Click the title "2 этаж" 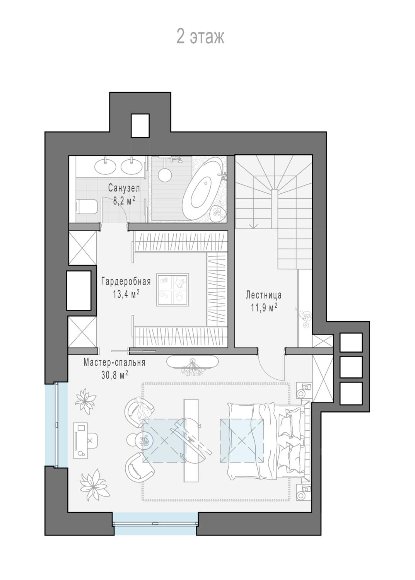pos(200,37)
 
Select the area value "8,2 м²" pos(124,201)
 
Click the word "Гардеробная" pos(126,281)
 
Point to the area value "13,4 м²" pos(126,294)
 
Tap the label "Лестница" pos(264,295)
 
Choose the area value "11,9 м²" pos(264,308)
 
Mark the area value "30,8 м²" pos(114,375)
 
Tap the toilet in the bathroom pos(87,206)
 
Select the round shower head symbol pos(165,175)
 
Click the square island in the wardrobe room pos(172,290)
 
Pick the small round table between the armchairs pos(141,439)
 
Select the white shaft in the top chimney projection pos(140,125)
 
